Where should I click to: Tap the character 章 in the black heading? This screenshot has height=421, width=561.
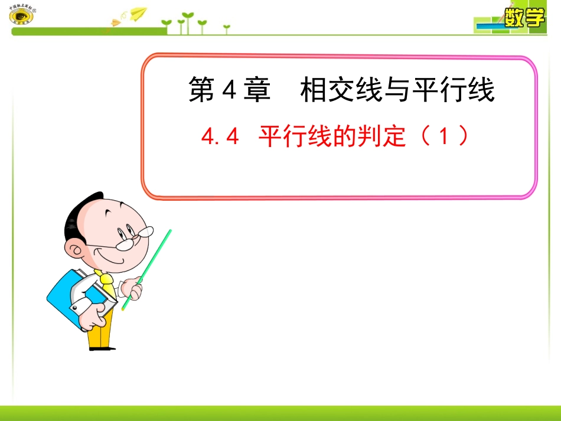point(256,91)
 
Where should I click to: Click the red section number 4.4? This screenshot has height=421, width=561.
point(219,138)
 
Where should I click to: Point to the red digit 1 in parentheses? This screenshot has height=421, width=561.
point(444,138)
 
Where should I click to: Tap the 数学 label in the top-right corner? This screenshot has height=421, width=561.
point(524,18)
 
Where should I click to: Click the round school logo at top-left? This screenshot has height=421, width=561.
point(22,15)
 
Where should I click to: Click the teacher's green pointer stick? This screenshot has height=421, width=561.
point(148,268)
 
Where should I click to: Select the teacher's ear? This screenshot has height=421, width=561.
point(76,250)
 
